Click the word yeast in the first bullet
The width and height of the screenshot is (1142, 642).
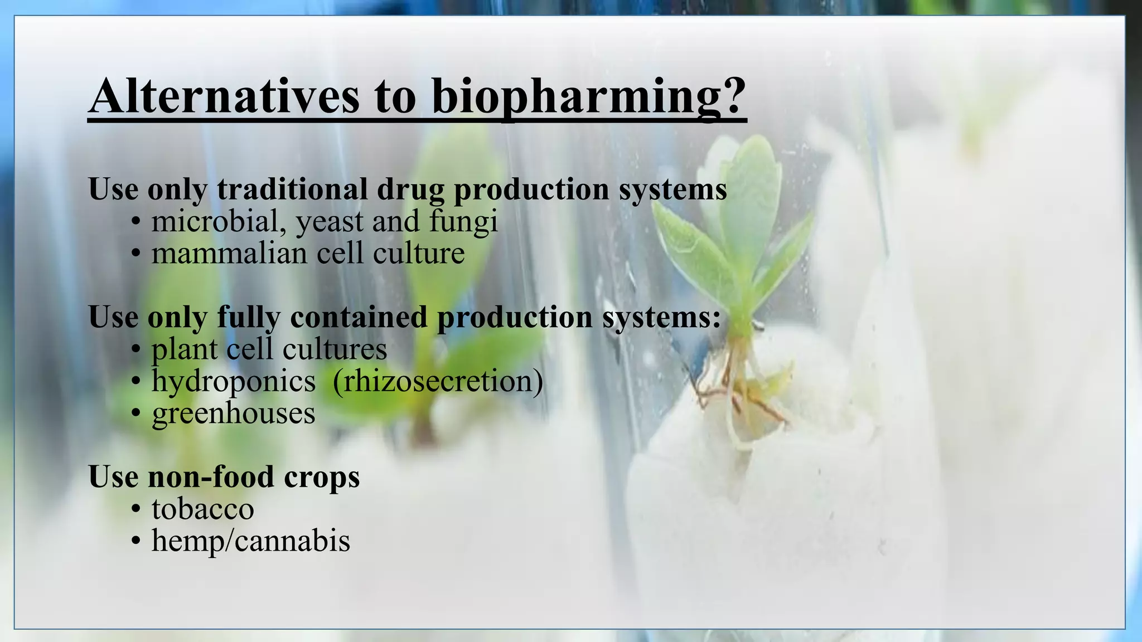[330, 221]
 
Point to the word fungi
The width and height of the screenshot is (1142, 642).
[463, 221]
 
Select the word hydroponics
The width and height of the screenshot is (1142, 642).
[233, 382]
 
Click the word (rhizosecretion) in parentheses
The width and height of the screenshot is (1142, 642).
[438, 382]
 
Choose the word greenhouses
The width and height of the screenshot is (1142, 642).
[233, 414]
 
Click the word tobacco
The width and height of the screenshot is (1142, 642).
[202, 509]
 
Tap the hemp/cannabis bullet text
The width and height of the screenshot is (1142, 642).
[250, 541]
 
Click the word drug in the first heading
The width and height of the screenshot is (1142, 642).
[410, 189]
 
